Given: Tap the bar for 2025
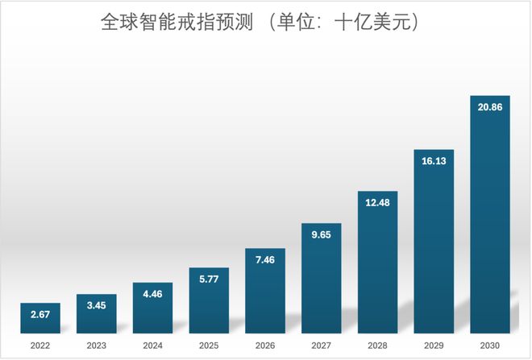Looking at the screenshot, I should click(209, 302).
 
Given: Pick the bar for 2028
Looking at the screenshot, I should click(378, 266).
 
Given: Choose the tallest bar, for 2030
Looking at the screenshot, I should click(490, 217).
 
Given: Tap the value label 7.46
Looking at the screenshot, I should click(265, 261).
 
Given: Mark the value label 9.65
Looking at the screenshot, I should click(322, 236).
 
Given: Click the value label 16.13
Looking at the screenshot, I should click(434, 162).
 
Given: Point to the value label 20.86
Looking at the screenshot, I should click(490, 108).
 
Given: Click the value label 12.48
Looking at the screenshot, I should click(378, 204).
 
